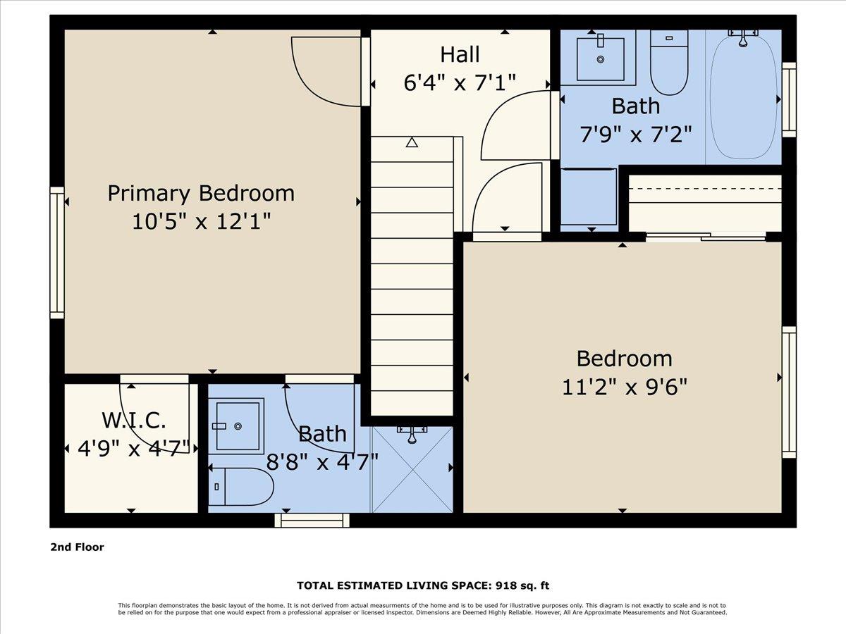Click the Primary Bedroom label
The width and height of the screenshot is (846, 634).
pos(201,193)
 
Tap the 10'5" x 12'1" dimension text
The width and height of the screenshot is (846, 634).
pos(201,222)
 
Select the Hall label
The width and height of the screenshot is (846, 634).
pos(460,54)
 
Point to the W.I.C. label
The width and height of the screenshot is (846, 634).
pos(134,421)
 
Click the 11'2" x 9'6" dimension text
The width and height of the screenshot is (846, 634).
pos(624,387)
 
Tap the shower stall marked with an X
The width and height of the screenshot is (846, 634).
pos(412,468)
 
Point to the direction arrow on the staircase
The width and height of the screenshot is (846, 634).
pos(412,142)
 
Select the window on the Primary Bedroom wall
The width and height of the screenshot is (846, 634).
pos(56,252)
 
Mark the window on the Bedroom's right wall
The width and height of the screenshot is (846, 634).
pos(789,392)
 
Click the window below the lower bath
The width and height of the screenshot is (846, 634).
pos(312,520)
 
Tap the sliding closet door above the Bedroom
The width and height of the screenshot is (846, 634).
pos(705,237)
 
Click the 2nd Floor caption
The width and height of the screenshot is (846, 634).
pos(77,547)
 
